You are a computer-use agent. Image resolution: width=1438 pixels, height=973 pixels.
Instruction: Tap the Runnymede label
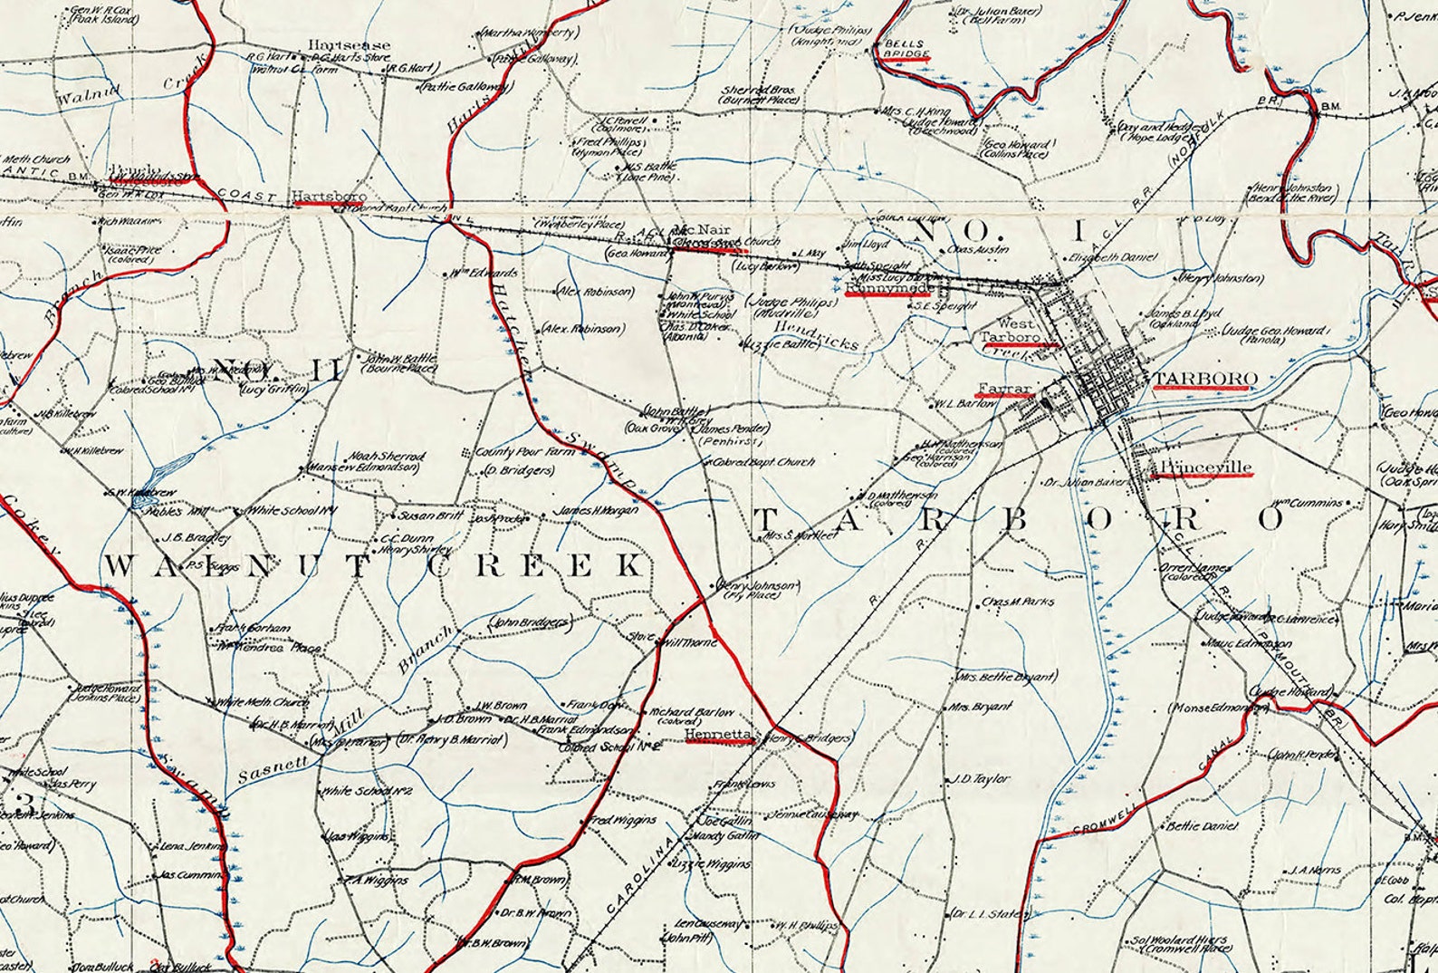pos(888,288)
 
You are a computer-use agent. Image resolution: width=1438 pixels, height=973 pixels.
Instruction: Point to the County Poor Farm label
pos(513,451)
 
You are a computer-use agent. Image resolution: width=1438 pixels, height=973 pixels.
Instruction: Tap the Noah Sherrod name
pos(388,457)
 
